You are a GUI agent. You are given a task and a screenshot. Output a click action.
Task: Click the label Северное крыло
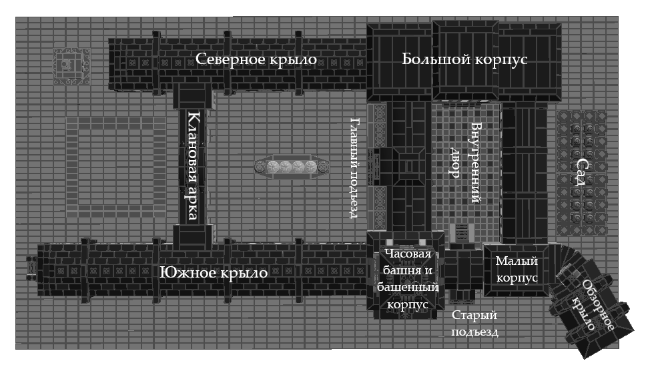coord(256,59)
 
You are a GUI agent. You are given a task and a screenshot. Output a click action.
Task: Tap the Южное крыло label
coord(214,274)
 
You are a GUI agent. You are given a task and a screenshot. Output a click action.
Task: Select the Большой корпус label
coord(464,59)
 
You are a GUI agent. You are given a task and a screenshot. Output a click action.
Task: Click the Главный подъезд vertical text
coord(355,167)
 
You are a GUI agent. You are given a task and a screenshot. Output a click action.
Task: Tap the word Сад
coord(582,176)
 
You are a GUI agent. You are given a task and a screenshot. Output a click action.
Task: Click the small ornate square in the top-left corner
coord(71,65)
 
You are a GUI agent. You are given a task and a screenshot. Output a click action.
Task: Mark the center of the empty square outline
coord(115,167)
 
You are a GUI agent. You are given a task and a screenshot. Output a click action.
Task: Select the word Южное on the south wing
coord(184,274)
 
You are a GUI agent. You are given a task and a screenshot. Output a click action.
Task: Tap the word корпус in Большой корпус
coord(501,59)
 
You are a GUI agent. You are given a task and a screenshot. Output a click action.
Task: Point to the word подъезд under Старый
coord(474,332)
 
